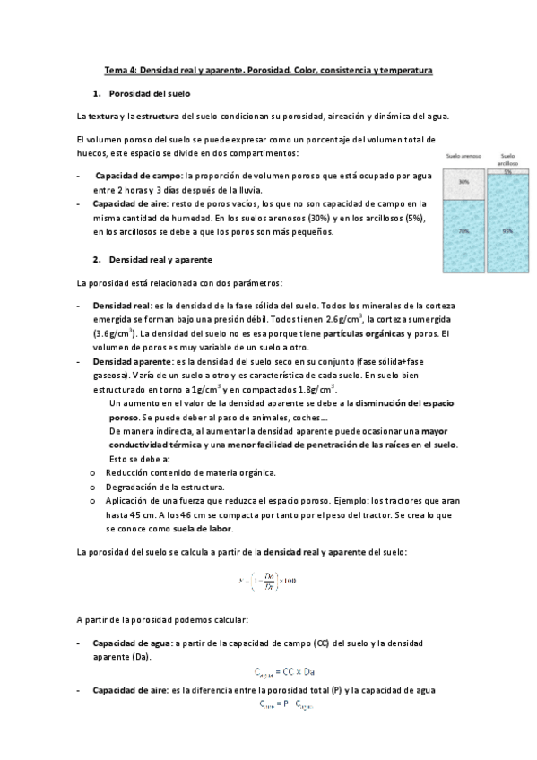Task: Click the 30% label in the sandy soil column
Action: (x=464, y=182)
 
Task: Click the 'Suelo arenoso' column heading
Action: (x=464, y=156)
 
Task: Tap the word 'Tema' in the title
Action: (x=116, y=69)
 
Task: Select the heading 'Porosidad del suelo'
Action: (x=149, y=93)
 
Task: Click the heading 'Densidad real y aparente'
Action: (x=160, y=259)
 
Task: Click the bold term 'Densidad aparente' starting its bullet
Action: (x=129, y=362)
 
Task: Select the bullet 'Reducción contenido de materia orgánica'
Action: (x=190, y=472)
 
